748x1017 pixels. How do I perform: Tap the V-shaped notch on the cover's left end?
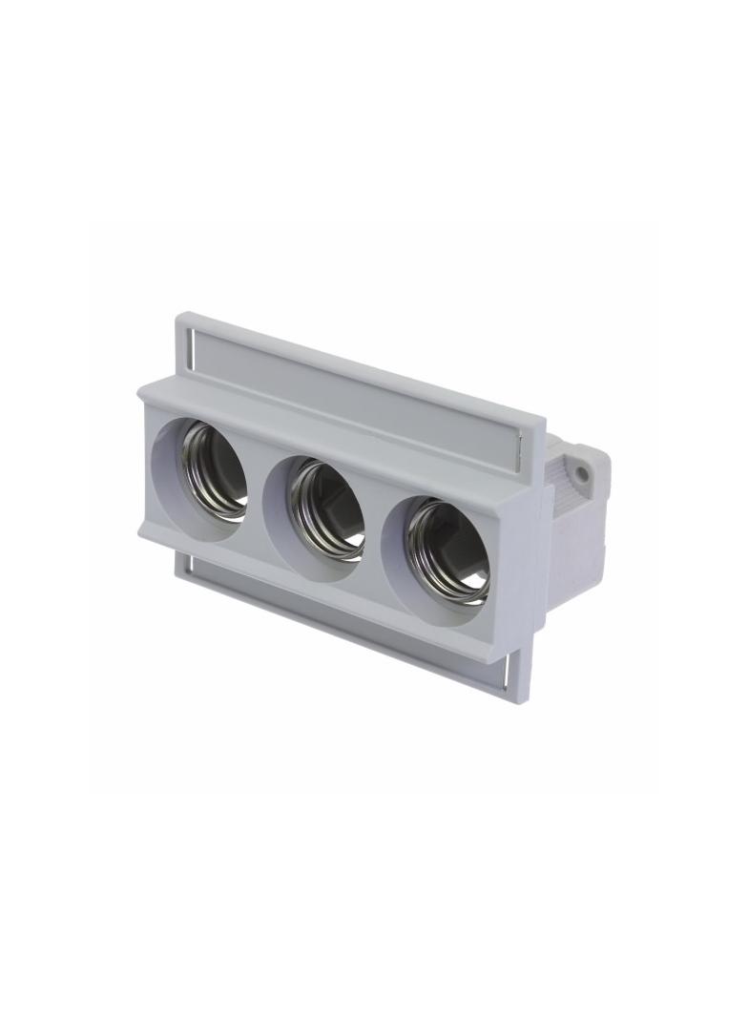click(144, 527)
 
